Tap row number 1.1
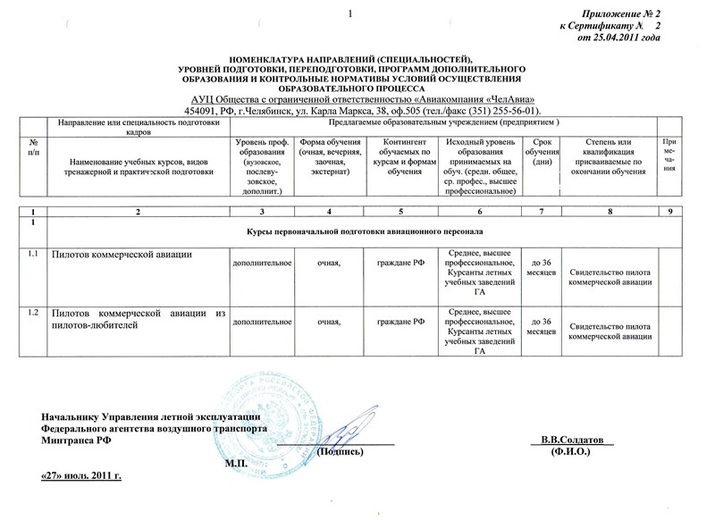click(x=33, y=255)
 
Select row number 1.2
click(x=33, y=312)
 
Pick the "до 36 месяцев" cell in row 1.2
click(x=541, y=326)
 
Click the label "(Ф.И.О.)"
click(x=572, y=453)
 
